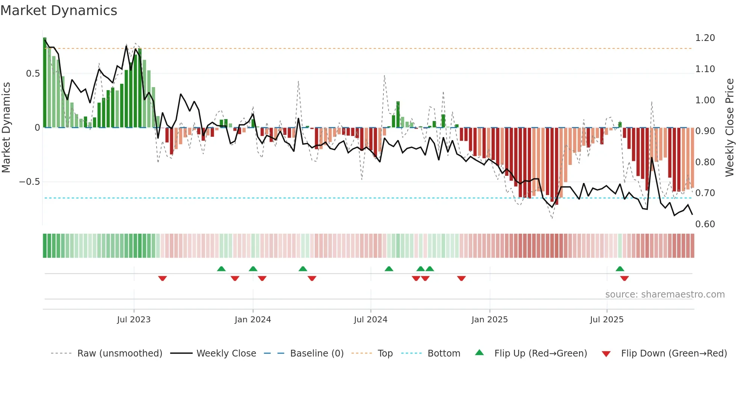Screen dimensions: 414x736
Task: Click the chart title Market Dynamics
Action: point(59,11)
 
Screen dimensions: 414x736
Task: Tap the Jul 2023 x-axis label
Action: point(134,320)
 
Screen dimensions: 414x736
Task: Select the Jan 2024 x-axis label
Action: point(253,320)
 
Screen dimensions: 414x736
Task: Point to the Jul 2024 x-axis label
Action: point(371,320)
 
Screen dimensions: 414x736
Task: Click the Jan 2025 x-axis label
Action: point(490,320)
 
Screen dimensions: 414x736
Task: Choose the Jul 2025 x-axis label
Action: point(607,320)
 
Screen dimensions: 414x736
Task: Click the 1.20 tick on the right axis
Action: point(705,38)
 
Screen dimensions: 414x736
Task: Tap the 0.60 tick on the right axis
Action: point(705,224)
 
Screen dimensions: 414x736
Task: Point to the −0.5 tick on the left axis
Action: point(30,182)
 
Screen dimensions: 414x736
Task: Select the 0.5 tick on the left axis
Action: point(33,74)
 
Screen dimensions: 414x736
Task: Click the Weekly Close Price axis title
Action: point(729,128)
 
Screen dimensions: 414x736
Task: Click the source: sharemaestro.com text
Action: point(665,295)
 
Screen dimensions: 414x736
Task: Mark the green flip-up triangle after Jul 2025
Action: point(620,269)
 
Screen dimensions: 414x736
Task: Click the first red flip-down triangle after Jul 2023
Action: point(163,278)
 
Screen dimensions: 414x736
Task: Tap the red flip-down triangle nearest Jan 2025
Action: point(462,278)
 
